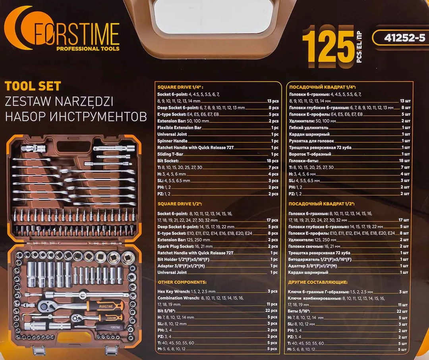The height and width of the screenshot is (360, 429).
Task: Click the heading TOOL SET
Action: [33, 86]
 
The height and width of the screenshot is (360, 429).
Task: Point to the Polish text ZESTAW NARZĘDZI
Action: [59, 102]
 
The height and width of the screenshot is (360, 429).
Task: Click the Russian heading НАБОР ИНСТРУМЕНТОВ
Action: [75, 117]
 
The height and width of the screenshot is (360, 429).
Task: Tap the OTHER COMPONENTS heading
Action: [182, 282]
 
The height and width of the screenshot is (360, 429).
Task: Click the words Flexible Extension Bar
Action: [179, 128]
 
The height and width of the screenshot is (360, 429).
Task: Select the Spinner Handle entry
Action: [172, 141]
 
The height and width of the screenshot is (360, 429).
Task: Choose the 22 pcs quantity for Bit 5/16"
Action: [272, 311]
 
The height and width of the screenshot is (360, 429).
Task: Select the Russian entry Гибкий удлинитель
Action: [309, 128]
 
